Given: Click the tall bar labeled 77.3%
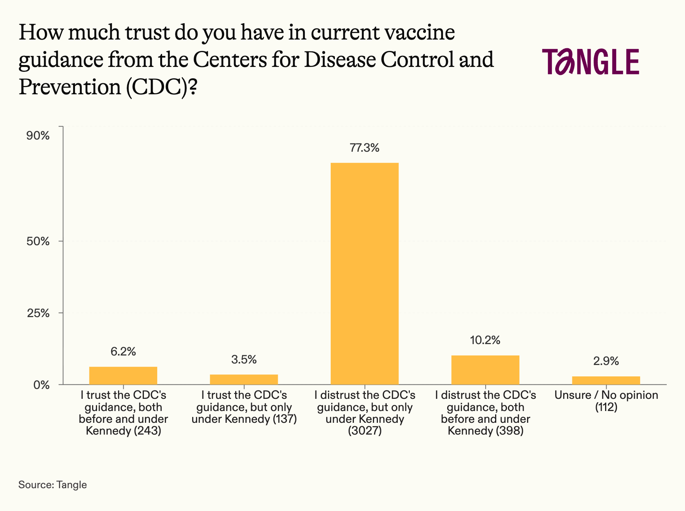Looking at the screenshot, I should (x=365, y=274).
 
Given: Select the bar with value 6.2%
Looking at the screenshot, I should (x=123, y=375).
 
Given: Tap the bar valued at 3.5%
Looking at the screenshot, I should (x=244, y=379).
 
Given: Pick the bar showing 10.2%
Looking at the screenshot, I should (x=485, y=370).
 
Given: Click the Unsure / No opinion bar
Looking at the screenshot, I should (x=606, y=380).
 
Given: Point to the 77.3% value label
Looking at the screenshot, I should (x=365, y=148).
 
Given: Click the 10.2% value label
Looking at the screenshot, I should (x=485, y=340).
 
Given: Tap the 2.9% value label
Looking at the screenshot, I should (x=606, y=361).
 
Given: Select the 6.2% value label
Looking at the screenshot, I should (x=123, y=351).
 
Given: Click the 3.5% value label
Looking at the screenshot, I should (x=244, y=359).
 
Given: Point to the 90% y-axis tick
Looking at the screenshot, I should (x=38, y=136).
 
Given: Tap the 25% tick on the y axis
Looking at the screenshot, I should (x=38, y=313).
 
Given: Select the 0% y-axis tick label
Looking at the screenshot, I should (x=41, y=385).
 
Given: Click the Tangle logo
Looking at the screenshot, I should (x=591, y=61).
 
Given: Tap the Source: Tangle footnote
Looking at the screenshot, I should (x=53, y=485).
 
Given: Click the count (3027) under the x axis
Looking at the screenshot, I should (x=365, y=431).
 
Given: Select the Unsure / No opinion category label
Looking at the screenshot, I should (x=606, y=401).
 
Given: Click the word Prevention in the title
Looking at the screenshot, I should (x=70, y=87).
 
